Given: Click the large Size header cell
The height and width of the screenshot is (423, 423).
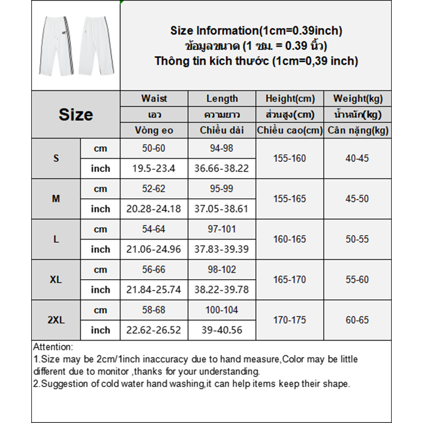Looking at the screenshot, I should [76, 114].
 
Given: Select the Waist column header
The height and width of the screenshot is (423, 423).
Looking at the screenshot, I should [154, 98].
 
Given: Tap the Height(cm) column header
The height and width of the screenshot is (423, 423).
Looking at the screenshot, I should [289, 98].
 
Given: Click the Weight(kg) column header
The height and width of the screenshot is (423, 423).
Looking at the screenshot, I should [358, 98].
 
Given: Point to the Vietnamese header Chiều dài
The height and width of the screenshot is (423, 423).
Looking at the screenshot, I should [222, 130].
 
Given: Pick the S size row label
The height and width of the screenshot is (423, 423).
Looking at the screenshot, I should [56, 159].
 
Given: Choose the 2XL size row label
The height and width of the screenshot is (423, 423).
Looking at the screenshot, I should [56, 320].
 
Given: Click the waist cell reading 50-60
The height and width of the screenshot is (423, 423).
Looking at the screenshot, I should [154, 149].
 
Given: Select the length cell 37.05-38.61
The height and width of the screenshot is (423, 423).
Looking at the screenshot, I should [222, 209].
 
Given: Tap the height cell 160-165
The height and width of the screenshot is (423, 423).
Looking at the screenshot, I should [289, 240].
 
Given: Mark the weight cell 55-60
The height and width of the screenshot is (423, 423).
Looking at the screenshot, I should [357, 280].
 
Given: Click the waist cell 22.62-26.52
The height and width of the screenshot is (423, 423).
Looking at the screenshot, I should [154, 330].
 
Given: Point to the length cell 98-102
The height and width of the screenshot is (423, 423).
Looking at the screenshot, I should [222, 270].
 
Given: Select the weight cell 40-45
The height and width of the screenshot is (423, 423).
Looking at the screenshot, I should [357, 159].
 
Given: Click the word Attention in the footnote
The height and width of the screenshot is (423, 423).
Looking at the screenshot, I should [52, 347].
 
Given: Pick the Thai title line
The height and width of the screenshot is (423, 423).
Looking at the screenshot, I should [256, 46].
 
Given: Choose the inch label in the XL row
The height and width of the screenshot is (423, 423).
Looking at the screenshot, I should [100, 290].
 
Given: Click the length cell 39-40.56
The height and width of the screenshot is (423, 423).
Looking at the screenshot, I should [222, 330].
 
